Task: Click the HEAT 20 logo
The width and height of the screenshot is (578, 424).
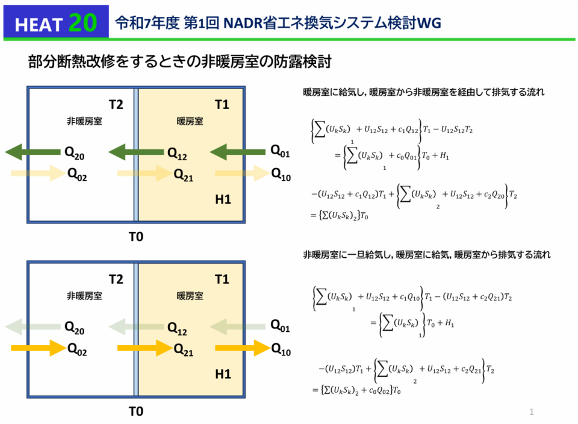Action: (55, 22)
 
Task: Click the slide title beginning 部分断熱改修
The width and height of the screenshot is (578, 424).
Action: (180, 62)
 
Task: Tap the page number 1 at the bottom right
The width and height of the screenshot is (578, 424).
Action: (532, 412)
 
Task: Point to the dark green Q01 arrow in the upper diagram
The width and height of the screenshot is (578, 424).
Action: (237, 151)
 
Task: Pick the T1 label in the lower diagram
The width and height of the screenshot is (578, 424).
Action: (222, 279)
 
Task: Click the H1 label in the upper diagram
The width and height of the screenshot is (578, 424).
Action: (223, 199)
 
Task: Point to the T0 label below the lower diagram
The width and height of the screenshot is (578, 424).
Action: (136, 411)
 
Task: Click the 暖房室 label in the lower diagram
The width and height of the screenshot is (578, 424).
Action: (190, 296)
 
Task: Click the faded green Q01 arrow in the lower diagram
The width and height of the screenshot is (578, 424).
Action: (237, 327)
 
